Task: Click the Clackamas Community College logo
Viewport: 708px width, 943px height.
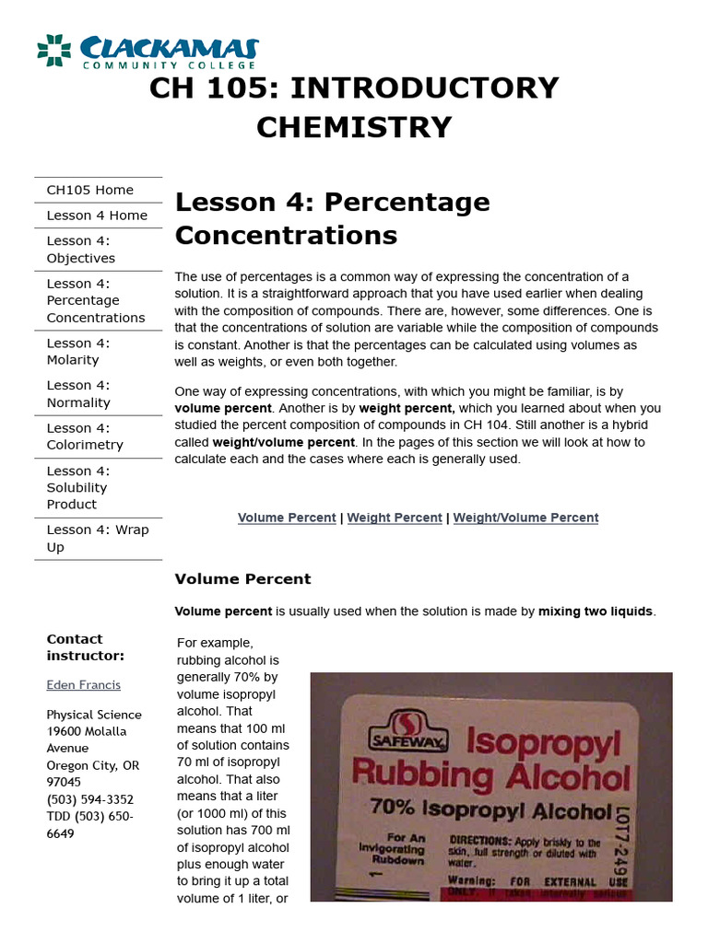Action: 147,52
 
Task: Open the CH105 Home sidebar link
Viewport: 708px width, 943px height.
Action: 89,190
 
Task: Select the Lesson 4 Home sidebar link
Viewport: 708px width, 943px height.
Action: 97,215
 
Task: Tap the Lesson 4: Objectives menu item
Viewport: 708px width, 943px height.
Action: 81,250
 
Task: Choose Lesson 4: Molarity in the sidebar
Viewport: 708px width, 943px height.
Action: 78,351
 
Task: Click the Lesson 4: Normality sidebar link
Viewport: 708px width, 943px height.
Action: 78,394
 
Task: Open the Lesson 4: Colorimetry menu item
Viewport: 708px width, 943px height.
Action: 85,437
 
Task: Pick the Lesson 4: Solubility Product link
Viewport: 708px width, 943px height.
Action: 77,487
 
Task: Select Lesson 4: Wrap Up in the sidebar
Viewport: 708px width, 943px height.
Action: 97,539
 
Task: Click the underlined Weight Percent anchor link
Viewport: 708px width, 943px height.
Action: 395,518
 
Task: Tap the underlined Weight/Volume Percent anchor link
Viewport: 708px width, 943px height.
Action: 525,518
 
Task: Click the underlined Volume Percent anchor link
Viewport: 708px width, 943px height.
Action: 287,518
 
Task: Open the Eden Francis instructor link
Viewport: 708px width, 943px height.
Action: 83,685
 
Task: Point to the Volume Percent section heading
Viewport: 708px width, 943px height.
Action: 243,579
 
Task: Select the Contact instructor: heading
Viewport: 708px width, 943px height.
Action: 85,647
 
